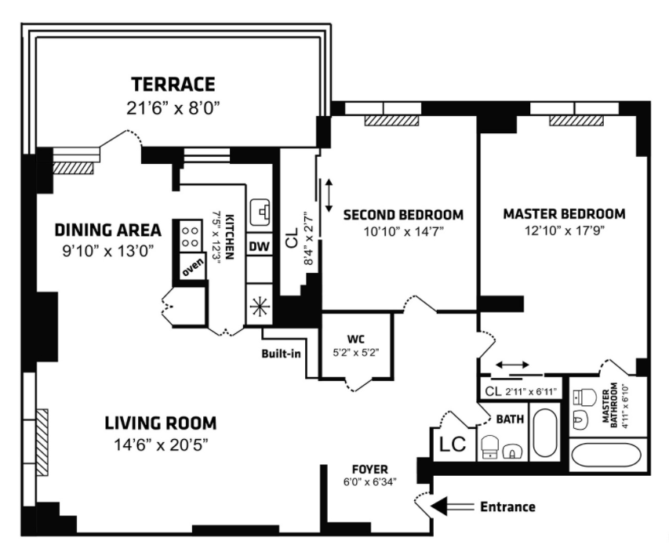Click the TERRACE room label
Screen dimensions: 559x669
tap(173, 84)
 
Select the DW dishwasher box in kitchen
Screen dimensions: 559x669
tap(260, 246)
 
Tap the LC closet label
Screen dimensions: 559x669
tap(453, 445)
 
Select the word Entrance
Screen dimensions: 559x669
tap(507, 507)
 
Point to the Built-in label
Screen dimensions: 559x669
tap(281, 353)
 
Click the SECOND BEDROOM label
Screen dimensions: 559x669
tap(402, 214)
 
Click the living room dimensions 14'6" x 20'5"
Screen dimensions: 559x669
tap(161, 444)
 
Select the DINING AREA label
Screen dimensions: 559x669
tap(107, 230)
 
